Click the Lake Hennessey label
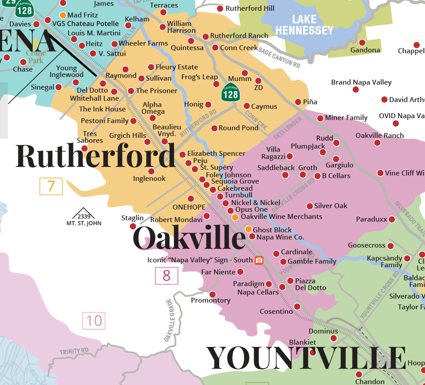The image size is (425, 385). click(x=304, y=25)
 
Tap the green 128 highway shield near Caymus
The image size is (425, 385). click(x=231, y=93)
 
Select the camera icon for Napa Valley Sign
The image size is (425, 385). click(x=259, y=260)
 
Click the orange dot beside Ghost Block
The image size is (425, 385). click(x=249, y=229)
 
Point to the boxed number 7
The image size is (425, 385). click(x=51, y=186)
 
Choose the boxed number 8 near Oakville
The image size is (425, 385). click(x=166, y=276)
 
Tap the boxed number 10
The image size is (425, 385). click(x=94, y=321)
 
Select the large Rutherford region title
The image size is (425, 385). click(x=96, y=155)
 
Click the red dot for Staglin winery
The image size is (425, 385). click(x=133, y=226)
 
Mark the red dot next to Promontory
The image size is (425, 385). click(x=212, y=294)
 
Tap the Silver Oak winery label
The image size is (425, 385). click(x=331, y=206)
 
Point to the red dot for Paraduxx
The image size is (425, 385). click(x=392, y=219)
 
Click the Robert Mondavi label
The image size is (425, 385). click(x=176, y=220)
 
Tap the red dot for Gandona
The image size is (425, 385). click(x=362, y=43)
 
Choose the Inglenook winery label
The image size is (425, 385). click(x=149, y=179)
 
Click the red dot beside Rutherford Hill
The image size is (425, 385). click(x=220, y=9)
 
